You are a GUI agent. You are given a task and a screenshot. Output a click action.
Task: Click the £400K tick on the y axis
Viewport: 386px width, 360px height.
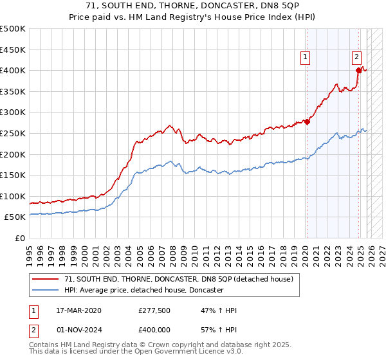[13, 70]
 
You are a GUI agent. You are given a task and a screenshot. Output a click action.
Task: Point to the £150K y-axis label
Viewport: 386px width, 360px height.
[13, 175]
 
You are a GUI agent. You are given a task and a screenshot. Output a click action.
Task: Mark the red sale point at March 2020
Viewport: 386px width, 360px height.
[308, 122]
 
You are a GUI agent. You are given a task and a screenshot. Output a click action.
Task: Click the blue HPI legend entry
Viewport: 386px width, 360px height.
[143, 291]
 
